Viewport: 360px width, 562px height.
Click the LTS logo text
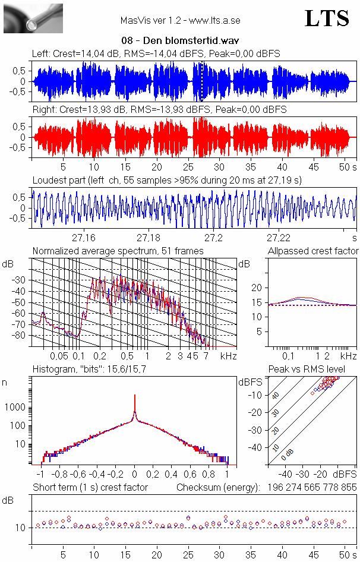(327, 19)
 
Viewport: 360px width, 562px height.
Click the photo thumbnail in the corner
(33, 18)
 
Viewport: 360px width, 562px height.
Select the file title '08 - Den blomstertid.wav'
(179, 41)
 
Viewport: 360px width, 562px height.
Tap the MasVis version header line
(179, 20)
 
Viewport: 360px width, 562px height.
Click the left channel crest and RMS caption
(156, 53)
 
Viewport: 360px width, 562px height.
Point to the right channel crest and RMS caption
(159, 110)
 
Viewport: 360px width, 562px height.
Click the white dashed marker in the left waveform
(202, 81)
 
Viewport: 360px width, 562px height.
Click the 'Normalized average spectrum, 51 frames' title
(118, 251)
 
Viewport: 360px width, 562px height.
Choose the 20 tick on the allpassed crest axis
(257, 288)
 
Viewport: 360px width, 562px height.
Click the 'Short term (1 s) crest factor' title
(90, 487)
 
